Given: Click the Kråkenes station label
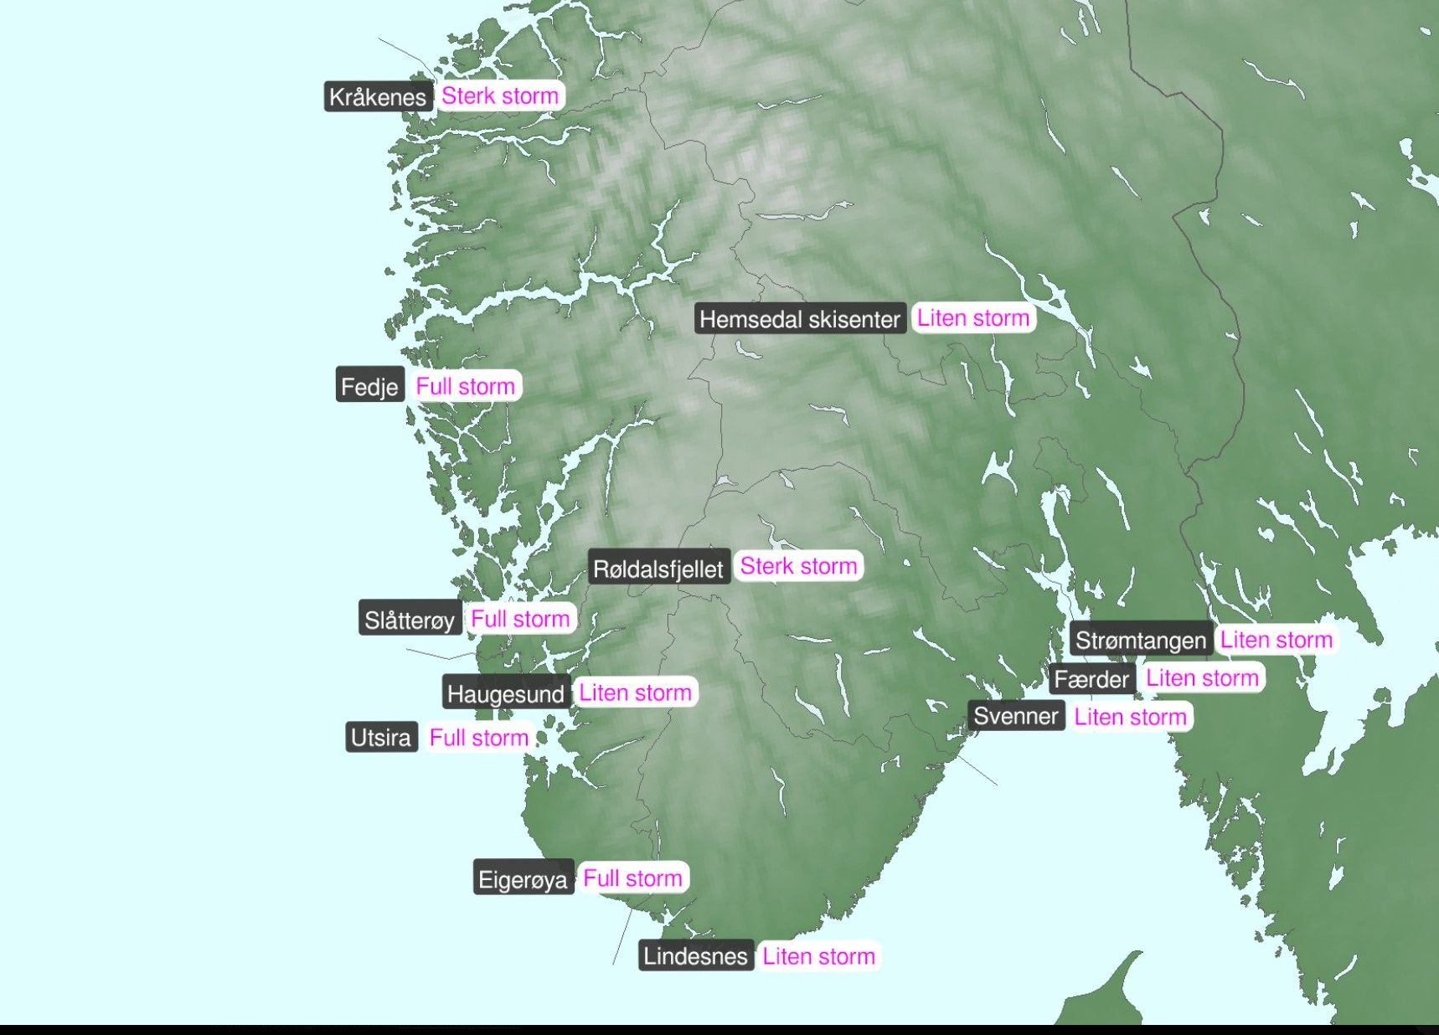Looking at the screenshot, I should [378, 97].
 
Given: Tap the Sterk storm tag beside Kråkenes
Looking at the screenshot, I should [500, 96].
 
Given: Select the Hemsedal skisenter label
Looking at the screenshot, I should [800, 319].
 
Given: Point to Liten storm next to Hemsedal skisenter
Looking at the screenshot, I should [973, 318].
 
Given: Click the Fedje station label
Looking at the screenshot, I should [369, 386].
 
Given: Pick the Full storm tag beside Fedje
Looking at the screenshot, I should [465, 386].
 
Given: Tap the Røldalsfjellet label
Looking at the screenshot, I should [658, 569].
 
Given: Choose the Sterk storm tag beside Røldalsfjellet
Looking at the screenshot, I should [798, 566].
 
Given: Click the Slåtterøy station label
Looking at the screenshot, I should [410, 620].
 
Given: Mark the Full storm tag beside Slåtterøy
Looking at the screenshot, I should [520, 619].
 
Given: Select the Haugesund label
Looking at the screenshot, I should [506, 693].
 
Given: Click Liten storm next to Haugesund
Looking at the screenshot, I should [636, 693].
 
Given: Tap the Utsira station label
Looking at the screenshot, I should [381, 738].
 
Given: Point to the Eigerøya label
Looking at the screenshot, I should [523, 879].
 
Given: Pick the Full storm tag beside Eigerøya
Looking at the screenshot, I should [633, 878].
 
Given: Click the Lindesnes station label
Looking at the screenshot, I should [695, 956].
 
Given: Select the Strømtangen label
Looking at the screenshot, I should [1141, 641].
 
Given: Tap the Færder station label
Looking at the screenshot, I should [1091, 679].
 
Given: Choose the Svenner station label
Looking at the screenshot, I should [1016, 717].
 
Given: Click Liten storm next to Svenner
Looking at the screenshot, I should [1131, 717].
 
